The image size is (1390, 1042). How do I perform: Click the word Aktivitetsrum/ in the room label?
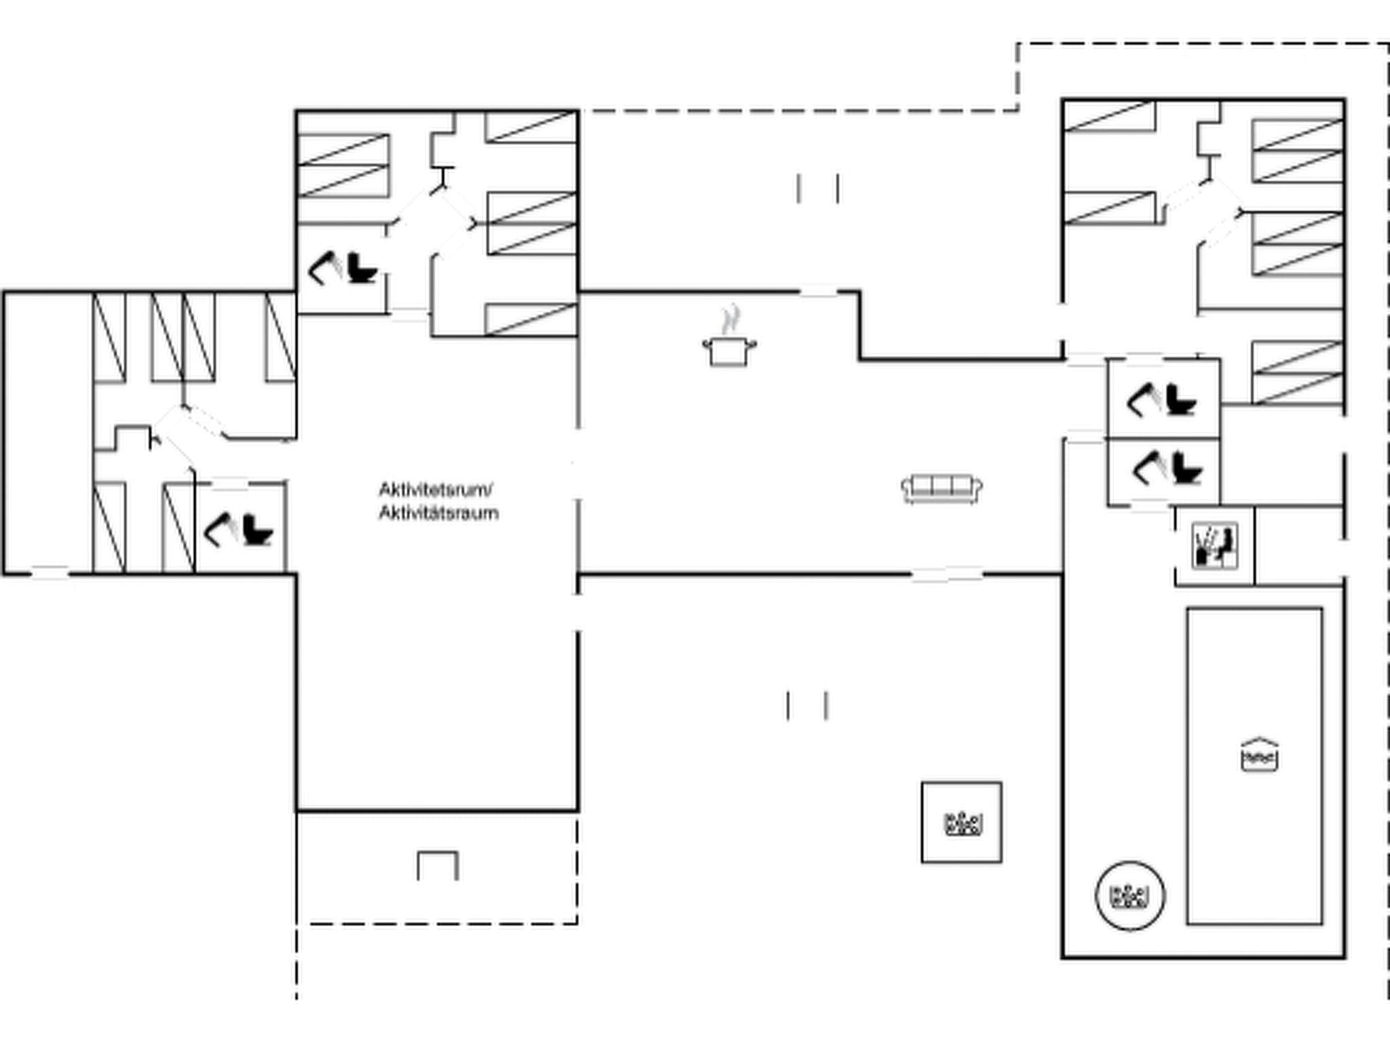(436, 490)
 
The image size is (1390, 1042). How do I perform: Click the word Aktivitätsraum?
(438, 514)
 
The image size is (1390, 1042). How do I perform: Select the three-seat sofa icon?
(941, 488)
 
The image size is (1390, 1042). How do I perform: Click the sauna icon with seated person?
(1215, 545)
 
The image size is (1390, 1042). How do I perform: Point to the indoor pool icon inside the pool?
(1259, 754)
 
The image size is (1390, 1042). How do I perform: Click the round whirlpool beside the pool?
(1130, 896)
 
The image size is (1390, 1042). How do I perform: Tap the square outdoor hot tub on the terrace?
(962, 823)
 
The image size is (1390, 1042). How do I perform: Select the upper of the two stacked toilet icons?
(1162, 400)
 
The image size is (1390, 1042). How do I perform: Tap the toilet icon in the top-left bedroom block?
(343, 269)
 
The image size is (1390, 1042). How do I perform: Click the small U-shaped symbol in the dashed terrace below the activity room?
(438, 866)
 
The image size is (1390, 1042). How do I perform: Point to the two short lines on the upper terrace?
(818, 188)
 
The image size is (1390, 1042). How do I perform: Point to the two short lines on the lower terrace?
(807, 706)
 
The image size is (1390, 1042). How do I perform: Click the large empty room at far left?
(48, 433)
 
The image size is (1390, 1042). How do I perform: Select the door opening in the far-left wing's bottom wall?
(50, 573)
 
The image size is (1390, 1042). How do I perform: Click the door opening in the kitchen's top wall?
(818, 292)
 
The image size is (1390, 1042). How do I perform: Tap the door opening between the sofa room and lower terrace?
(947, 575)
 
